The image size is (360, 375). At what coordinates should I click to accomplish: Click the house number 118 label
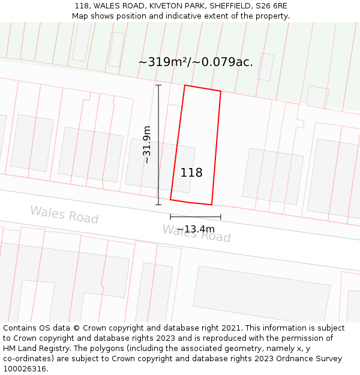[x=191, y=173]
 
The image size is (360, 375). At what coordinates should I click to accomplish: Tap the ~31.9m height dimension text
[x=146, y=145]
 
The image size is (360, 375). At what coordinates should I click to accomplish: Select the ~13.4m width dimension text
[x=195, y=229]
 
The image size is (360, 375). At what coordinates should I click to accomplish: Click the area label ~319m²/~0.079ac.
[x=196, y=62]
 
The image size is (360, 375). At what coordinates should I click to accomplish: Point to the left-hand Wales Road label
[x=64, y=214]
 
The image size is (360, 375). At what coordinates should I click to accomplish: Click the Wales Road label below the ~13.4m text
[x=197, y=235]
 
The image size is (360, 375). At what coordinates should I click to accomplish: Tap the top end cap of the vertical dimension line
[x=158, y=85]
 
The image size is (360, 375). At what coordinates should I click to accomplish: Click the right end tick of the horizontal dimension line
[x=221, y=217]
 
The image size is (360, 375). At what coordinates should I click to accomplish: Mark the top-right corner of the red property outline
[x=221, y=91]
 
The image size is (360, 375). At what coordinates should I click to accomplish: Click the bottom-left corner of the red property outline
[x=170, y=200]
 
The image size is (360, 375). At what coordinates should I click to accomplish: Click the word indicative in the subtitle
[x=193, y=16]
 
